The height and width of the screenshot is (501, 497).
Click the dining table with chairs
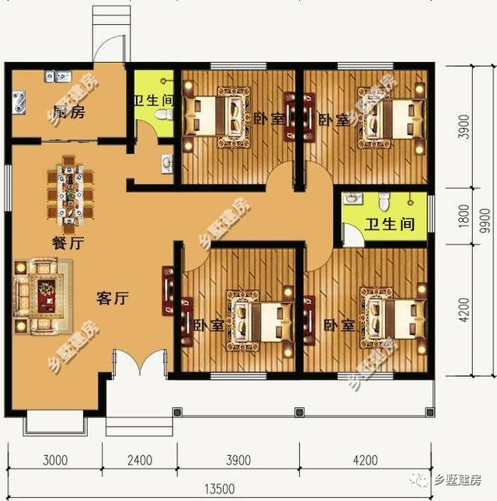click(67, 190)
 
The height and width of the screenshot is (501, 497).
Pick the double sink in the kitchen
click(56, 76)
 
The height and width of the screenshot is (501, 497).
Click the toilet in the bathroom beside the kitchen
click(162, 115)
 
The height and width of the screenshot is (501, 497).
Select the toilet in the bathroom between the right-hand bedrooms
click(382, 201)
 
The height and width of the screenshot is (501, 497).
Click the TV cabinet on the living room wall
click(167, 291)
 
